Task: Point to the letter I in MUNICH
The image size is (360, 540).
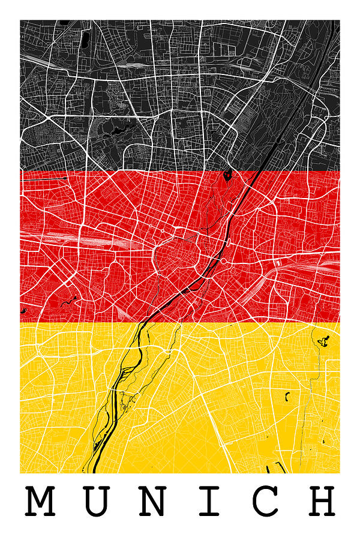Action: tap(208, 502)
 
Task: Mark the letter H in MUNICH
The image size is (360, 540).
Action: tap(321, 502)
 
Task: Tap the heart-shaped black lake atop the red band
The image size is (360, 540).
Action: tap(227, 175)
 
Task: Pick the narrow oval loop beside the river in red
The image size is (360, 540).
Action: tap(229, 243)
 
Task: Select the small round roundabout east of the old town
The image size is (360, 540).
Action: tap(223, 262)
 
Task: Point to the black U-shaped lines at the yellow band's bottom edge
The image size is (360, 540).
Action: tap(277, 467)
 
